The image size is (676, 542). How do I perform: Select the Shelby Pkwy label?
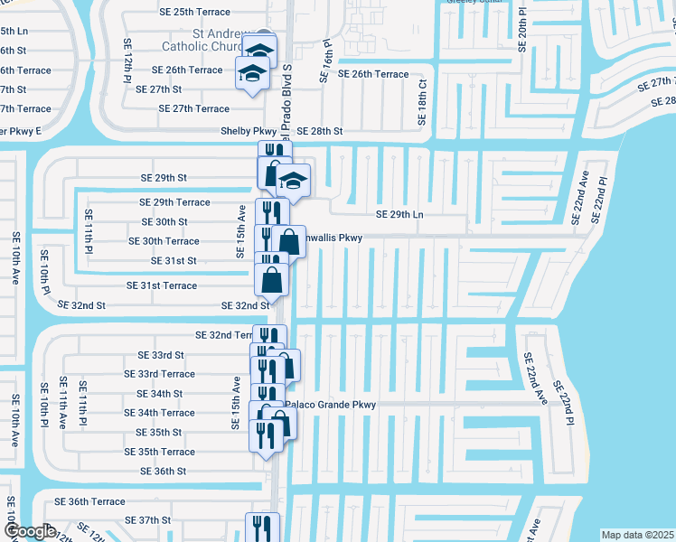click(249, 131)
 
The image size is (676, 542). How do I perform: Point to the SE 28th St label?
click(320, 131)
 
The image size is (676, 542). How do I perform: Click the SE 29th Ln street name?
click(399, 214)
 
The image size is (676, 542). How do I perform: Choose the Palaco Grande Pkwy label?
click(331, 405)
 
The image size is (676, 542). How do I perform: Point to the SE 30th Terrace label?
click(164, 241)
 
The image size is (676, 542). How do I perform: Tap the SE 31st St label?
click(174, 261)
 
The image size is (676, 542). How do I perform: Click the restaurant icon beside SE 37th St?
click(262, 527)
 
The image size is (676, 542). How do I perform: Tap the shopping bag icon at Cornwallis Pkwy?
click(289, 241)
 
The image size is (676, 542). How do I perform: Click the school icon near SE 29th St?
click(293, 181)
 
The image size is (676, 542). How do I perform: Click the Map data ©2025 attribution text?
click(637, 535)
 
